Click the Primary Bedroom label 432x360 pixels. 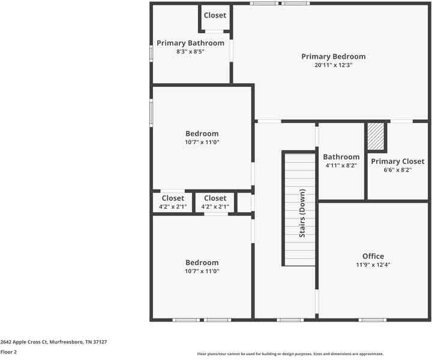(333, 56)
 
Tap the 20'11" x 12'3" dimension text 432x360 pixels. (333, 65)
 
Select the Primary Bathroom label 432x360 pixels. (190, 43)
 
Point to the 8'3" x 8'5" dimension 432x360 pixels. (190, 52)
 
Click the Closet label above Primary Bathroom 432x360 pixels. (215, 16)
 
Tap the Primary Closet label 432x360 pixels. (397, 161)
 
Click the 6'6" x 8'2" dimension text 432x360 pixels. (397, 170)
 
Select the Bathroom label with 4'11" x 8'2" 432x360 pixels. (341, 157)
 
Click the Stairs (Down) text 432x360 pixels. (303, 214)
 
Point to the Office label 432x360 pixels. (373, 256)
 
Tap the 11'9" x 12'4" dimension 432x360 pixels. (373, 265)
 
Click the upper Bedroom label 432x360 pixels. (202, 134)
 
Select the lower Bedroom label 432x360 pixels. (202, 263)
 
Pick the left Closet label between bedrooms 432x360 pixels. (173, 198)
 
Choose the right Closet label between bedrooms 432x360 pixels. (215, 198)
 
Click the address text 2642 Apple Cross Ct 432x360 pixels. (53, 341)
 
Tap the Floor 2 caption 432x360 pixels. (8, 352)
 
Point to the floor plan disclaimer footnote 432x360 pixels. (290, 354)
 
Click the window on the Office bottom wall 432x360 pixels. (373, 320)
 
